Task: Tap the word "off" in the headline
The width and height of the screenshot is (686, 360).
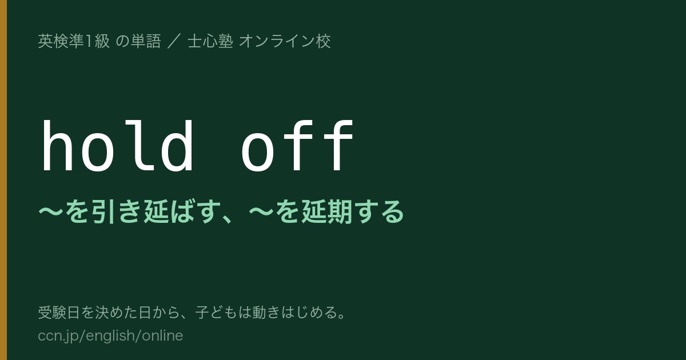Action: click(298, 146)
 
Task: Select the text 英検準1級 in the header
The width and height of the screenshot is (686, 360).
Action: click(74, 41)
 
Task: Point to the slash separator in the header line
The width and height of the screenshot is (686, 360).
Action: click(174, 41)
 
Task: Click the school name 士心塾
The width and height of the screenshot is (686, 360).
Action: click(210, 41)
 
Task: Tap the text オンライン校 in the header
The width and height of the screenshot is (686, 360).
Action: click(285, 41)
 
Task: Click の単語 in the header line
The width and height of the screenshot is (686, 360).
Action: click(138, 41)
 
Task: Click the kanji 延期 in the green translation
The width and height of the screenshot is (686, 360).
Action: click(326, 212)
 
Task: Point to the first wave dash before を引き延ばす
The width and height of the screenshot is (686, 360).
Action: click(51, 212)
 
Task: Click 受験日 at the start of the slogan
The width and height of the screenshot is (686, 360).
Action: click(59, 313)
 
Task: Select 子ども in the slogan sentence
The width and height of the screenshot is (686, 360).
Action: click(217, 313)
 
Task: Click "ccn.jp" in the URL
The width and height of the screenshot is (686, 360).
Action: click(58, 336)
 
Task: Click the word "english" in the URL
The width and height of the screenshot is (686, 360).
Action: click(110, 336)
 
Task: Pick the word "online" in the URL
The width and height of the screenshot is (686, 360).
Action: click(162, 335)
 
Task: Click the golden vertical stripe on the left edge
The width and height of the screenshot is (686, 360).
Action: click(3, 180)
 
